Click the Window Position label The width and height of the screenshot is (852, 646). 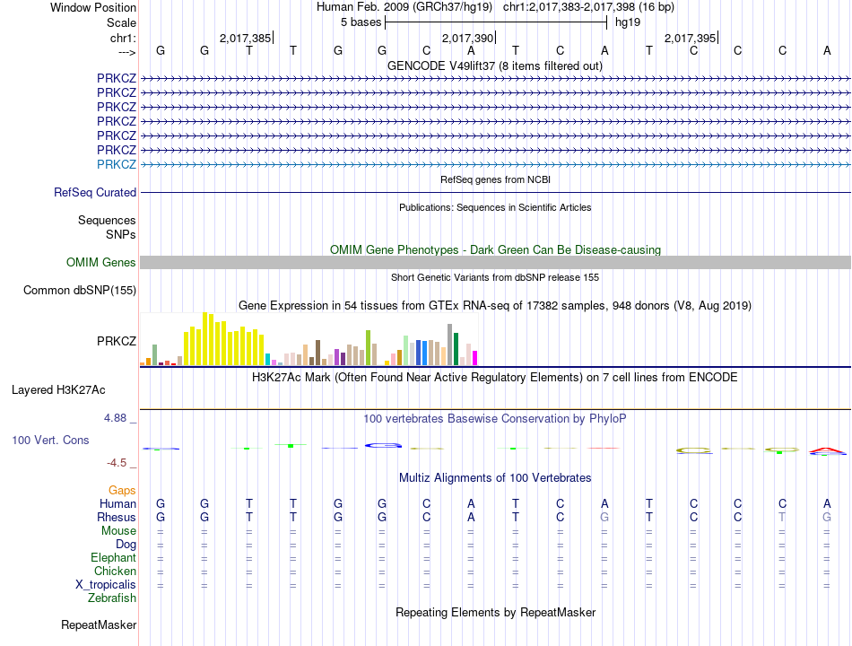tap(93, 7)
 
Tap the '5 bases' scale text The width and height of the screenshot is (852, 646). tap(361, 22)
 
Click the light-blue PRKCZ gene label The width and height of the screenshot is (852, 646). tap(117, 164)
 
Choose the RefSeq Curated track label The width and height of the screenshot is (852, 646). tap(95, 192)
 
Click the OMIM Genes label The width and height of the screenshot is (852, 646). tap(101, 262)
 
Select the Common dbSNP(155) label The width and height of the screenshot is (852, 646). tap(80, 290)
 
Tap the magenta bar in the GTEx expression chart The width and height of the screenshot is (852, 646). tap(475, 358)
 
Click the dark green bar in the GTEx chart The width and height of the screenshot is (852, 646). tap(456, 349)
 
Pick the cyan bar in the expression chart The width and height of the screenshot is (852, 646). tap(267, 360)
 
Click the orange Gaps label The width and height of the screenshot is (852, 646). tap(122, 490)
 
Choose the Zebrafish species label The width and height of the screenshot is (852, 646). tap(112, 598)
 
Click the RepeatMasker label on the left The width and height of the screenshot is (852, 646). tap(99, 624)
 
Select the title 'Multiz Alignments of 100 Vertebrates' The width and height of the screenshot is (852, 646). tap(495, 477)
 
